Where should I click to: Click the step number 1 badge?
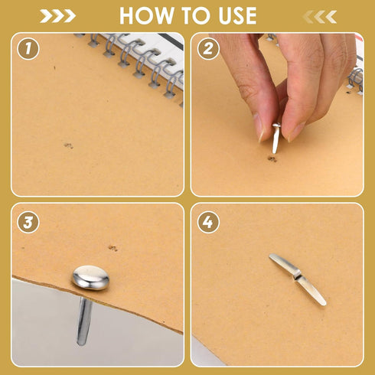28,48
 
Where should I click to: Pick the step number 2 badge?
208,48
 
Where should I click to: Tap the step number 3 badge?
28,222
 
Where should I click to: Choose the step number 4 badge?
208,222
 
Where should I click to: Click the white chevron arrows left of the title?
58,16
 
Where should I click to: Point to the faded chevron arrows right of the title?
319,17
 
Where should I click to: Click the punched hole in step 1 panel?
68,145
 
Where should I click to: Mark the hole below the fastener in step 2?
272,159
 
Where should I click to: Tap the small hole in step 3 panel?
112,248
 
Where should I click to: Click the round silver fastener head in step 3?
90,278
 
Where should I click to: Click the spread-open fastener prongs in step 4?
298,279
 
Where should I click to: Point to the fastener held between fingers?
276,138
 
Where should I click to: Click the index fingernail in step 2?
260,129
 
